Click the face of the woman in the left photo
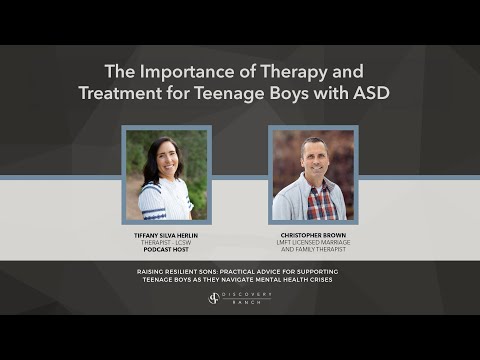(162, 160)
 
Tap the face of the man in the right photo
(313, 160)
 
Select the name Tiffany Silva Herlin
(166, 235)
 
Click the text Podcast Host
(166, 251)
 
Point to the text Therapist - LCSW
(166, 243)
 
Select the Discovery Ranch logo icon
(214, 298)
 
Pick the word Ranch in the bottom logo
(245, 302)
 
